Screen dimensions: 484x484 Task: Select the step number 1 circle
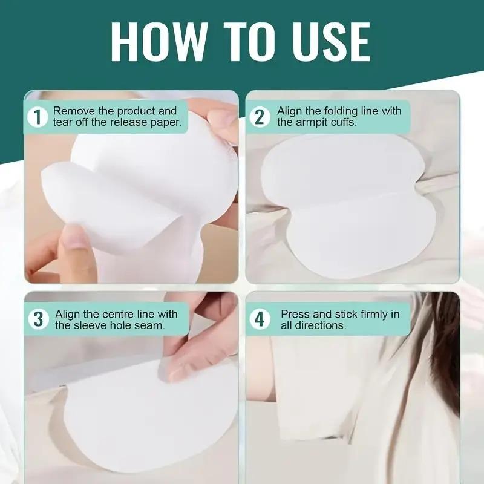point(38,117)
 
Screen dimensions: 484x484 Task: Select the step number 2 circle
point(260,117)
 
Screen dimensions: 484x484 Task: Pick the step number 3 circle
point(38,319)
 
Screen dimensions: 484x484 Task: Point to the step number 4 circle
point(260,319)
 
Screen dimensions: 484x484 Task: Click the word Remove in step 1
point(72,111)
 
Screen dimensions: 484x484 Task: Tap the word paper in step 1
point(167,123)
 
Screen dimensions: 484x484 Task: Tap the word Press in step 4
point(295,313)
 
